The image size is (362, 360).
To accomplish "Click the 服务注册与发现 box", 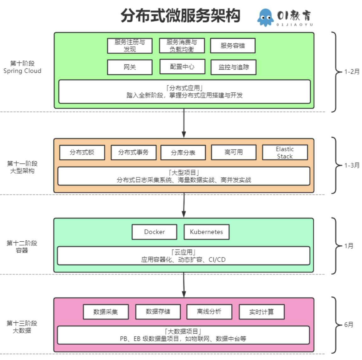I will point(129,46).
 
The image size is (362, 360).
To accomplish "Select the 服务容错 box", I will point(233,46).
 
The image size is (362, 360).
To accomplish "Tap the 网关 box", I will point(129,67).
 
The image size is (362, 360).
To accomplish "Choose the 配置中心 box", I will point(182,67).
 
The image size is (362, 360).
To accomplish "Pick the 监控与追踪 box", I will point(233,67).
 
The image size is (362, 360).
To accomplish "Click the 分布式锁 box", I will point(82,153).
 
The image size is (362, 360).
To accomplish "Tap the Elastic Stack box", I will point(285,153).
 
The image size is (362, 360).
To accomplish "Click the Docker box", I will point(154,232).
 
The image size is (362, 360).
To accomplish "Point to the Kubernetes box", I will point(206,232).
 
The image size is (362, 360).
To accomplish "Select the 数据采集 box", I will point(106,312).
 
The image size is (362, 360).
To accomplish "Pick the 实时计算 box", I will point(261,312).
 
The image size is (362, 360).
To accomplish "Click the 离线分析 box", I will point(209,312).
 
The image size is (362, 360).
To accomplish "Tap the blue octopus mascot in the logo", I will point(265,18).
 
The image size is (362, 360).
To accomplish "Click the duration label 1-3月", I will point(352,165).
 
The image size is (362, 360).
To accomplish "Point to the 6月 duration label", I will point(349,325).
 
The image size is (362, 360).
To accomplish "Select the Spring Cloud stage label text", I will point(22,71).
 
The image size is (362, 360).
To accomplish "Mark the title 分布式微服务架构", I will point(180,16).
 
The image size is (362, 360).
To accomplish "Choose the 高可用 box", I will point(233,153).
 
